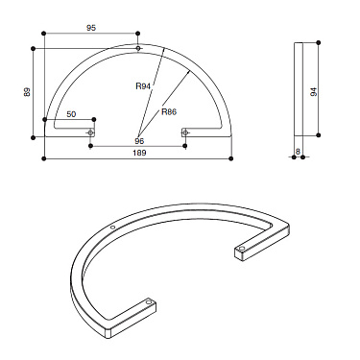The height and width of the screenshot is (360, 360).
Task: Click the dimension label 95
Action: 91,28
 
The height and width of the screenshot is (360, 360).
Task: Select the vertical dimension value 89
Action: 26,92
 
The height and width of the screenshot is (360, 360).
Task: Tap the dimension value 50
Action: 71,113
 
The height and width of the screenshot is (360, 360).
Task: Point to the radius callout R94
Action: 143,86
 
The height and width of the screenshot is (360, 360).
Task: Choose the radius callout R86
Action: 169,111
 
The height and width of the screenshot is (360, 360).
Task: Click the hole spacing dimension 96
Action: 138,141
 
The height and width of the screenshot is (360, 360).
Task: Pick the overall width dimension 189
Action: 138,152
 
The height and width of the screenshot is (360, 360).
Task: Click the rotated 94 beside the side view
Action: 314,92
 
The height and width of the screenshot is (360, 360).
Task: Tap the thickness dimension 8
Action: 299,151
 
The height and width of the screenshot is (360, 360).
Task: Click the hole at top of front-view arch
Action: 138,48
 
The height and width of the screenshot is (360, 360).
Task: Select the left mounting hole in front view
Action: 91,132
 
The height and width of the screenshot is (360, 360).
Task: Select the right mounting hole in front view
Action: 185,132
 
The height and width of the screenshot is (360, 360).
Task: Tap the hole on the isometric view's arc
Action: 114,228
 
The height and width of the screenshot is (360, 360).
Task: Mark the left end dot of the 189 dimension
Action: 43,158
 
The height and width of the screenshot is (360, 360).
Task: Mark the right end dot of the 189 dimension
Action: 233,158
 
